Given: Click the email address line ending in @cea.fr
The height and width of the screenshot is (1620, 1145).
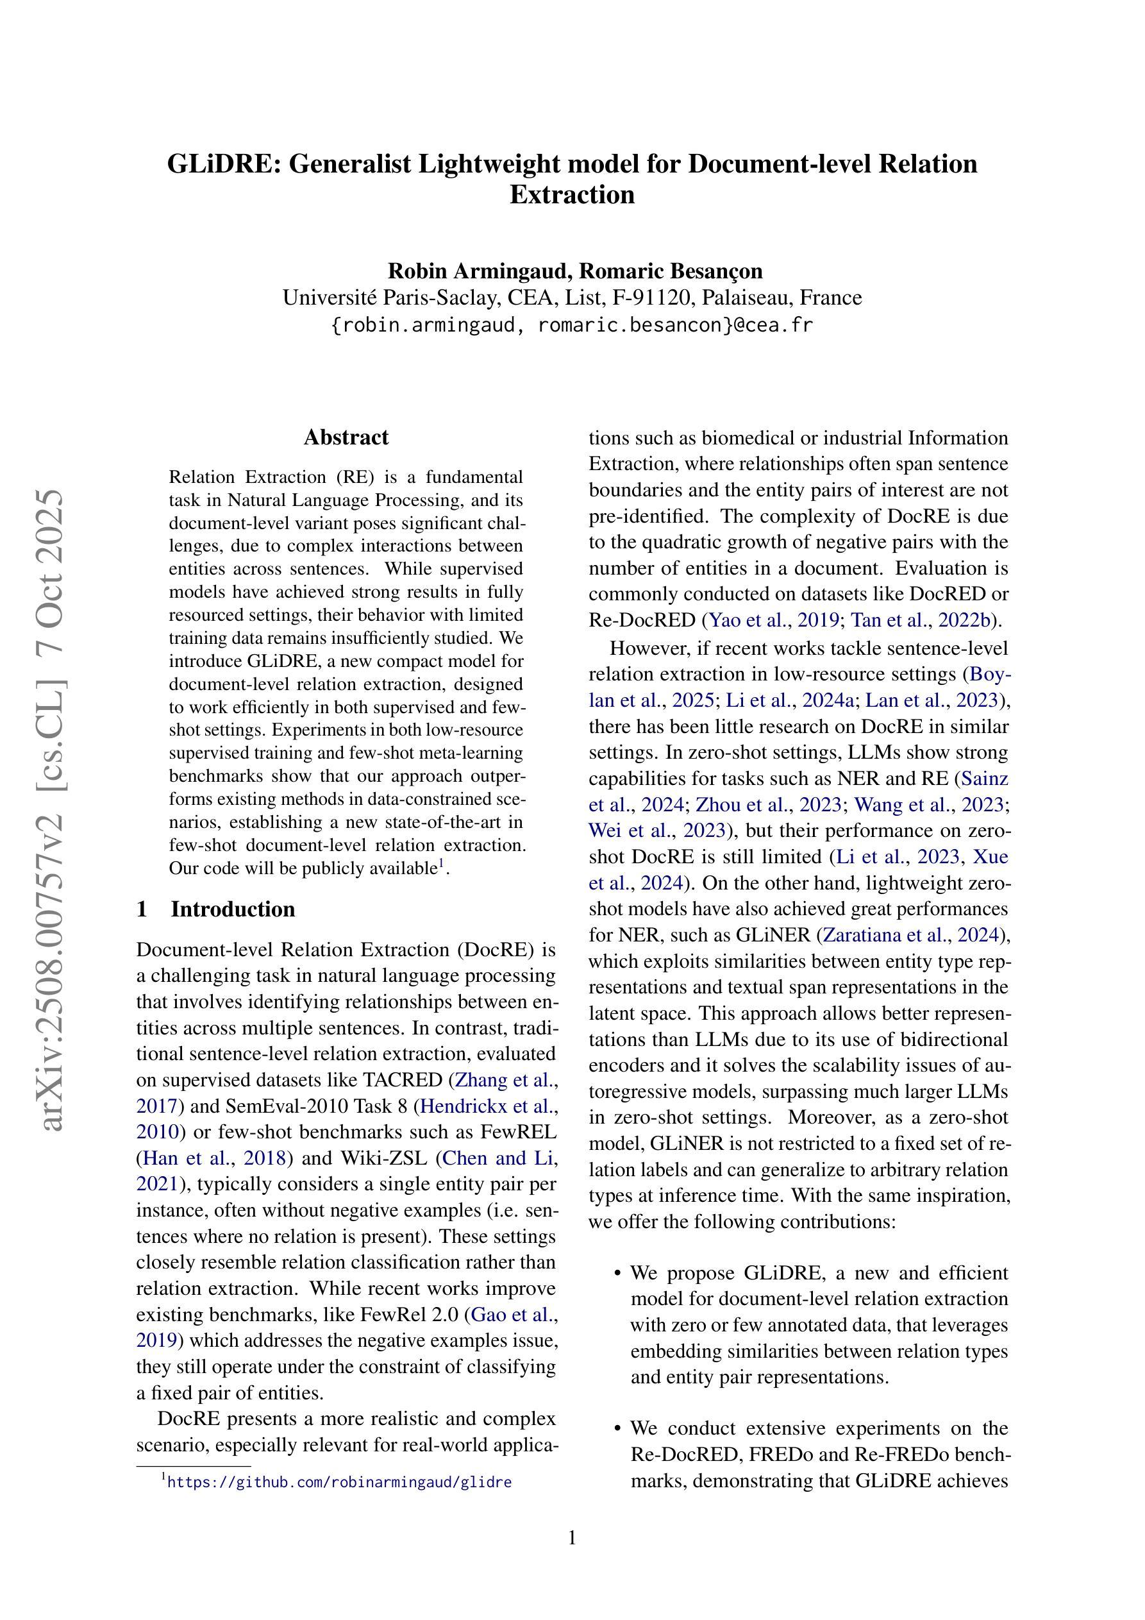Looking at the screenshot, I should (571, 325).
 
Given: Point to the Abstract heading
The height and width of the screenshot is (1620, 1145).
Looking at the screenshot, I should (346, 437).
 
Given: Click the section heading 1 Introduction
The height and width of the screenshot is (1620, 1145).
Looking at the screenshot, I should (216, 909).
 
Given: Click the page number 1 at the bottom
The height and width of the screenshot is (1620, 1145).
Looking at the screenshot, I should (572, 1537).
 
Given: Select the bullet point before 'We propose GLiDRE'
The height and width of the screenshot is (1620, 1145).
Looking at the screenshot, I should (617, 1274).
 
